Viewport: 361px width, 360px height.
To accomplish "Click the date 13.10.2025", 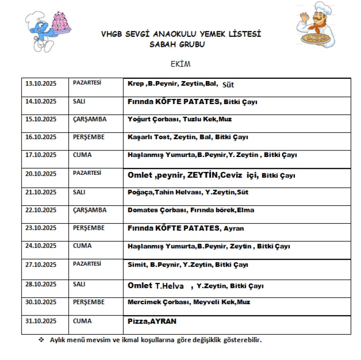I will [41, 83].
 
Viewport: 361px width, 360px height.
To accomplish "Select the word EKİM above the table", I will [180, 64].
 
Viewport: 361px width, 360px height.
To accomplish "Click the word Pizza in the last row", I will [136, 322].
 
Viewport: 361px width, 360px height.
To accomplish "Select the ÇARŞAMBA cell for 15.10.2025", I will [90, 119].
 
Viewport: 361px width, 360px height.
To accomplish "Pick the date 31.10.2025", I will [41, 321].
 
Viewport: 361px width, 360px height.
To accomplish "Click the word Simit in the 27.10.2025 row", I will [136, 265].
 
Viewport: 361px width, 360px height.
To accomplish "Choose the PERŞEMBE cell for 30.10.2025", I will [89, 302].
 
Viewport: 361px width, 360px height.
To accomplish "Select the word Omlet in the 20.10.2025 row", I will [140, 175].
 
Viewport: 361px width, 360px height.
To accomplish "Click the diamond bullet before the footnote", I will [41, 339].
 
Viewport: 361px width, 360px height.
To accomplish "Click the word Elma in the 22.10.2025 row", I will [246, 210].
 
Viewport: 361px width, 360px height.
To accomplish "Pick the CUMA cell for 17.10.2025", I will [83, 155].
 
